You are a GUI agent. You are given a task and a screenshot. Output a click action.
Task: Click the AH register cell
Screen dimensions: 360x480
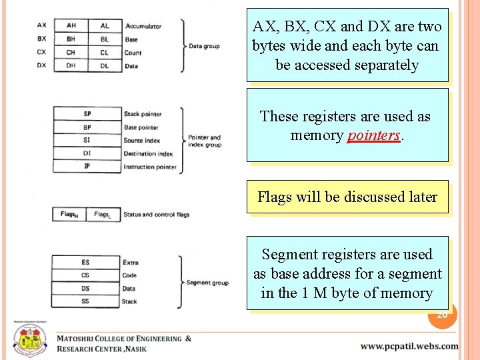pyautogui.click(x=71, y=26)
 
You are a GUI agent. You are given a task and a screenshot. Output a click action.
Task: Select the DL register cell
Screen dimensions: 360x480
pyautogui.click(x=105, y=65)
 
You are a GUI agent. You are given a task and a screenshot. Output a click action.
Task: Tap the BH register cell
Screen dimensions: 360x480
pyautogui.click(x=71, y=39)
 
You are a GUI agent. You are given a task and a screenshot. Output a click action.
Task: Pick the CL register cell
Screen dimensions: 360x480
pyautogui.click(x=105, y=53)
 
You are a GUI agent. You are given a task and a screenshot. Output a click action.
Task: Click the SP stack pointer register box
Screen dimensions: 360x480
pyautogui.click(x=87, y=114)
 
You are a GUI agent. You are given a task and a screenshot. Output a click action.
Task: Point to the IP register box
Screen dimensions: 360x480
pyautogui.click(x=87, y=167)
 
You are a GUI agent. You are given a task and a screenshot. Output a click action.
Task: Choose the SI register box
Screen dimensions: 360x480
pyautogui.click(x=87, y=141)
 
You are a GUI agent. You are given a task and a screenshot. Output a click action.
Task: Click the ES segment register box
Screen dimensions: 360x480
pyautogui.click(x=85, y=263)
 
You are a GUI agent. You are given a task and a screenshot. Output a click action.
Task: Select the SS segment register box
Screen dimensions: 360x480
pyautogui.click(x=85, y=301)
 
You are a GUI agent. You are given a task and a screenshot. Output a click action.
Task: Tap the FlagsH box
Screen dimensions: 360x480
pyautogui.click(x=69, y=215)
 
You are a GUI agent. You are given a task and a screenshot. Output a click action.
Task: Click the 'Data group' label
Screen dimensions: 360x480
pyautogui.click(x=204, y=46)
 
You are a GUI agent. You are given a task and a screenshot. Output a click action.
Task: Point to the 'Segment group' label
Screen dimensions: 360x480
pyautogui.click(x=207, y=283)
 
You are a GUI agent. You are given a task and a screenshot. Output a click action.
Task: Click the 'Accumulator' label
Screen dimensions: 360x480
pyautogui.click(x=143, y=26)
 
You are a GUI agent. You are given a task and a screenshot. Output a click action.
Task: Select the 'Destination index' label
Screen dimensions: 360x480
pyautogui.click(x=148, y=154)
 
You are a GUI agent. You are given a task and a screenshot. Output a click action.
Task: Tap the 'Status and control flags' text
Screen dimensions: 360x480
pyautogui.click(x=157, y=215)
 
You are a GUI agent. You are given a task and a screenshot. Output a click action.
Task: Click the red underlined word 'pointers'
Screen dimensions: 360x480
pyautogui.click(x=374, y=135)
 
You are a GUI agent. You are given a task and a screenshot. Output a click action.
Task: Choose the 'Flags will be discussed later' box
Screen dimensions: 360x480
pyautogui.click(x=347, y=197)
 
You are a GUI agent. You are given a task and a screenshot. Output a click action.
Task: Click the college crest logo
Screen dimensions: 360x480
pyautogui.click(x=29, y=339)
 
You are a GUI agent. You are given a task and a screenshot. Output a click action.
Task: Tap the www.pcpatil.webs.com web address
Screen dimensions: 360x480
pyautogui.click(x=409, y=346)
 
